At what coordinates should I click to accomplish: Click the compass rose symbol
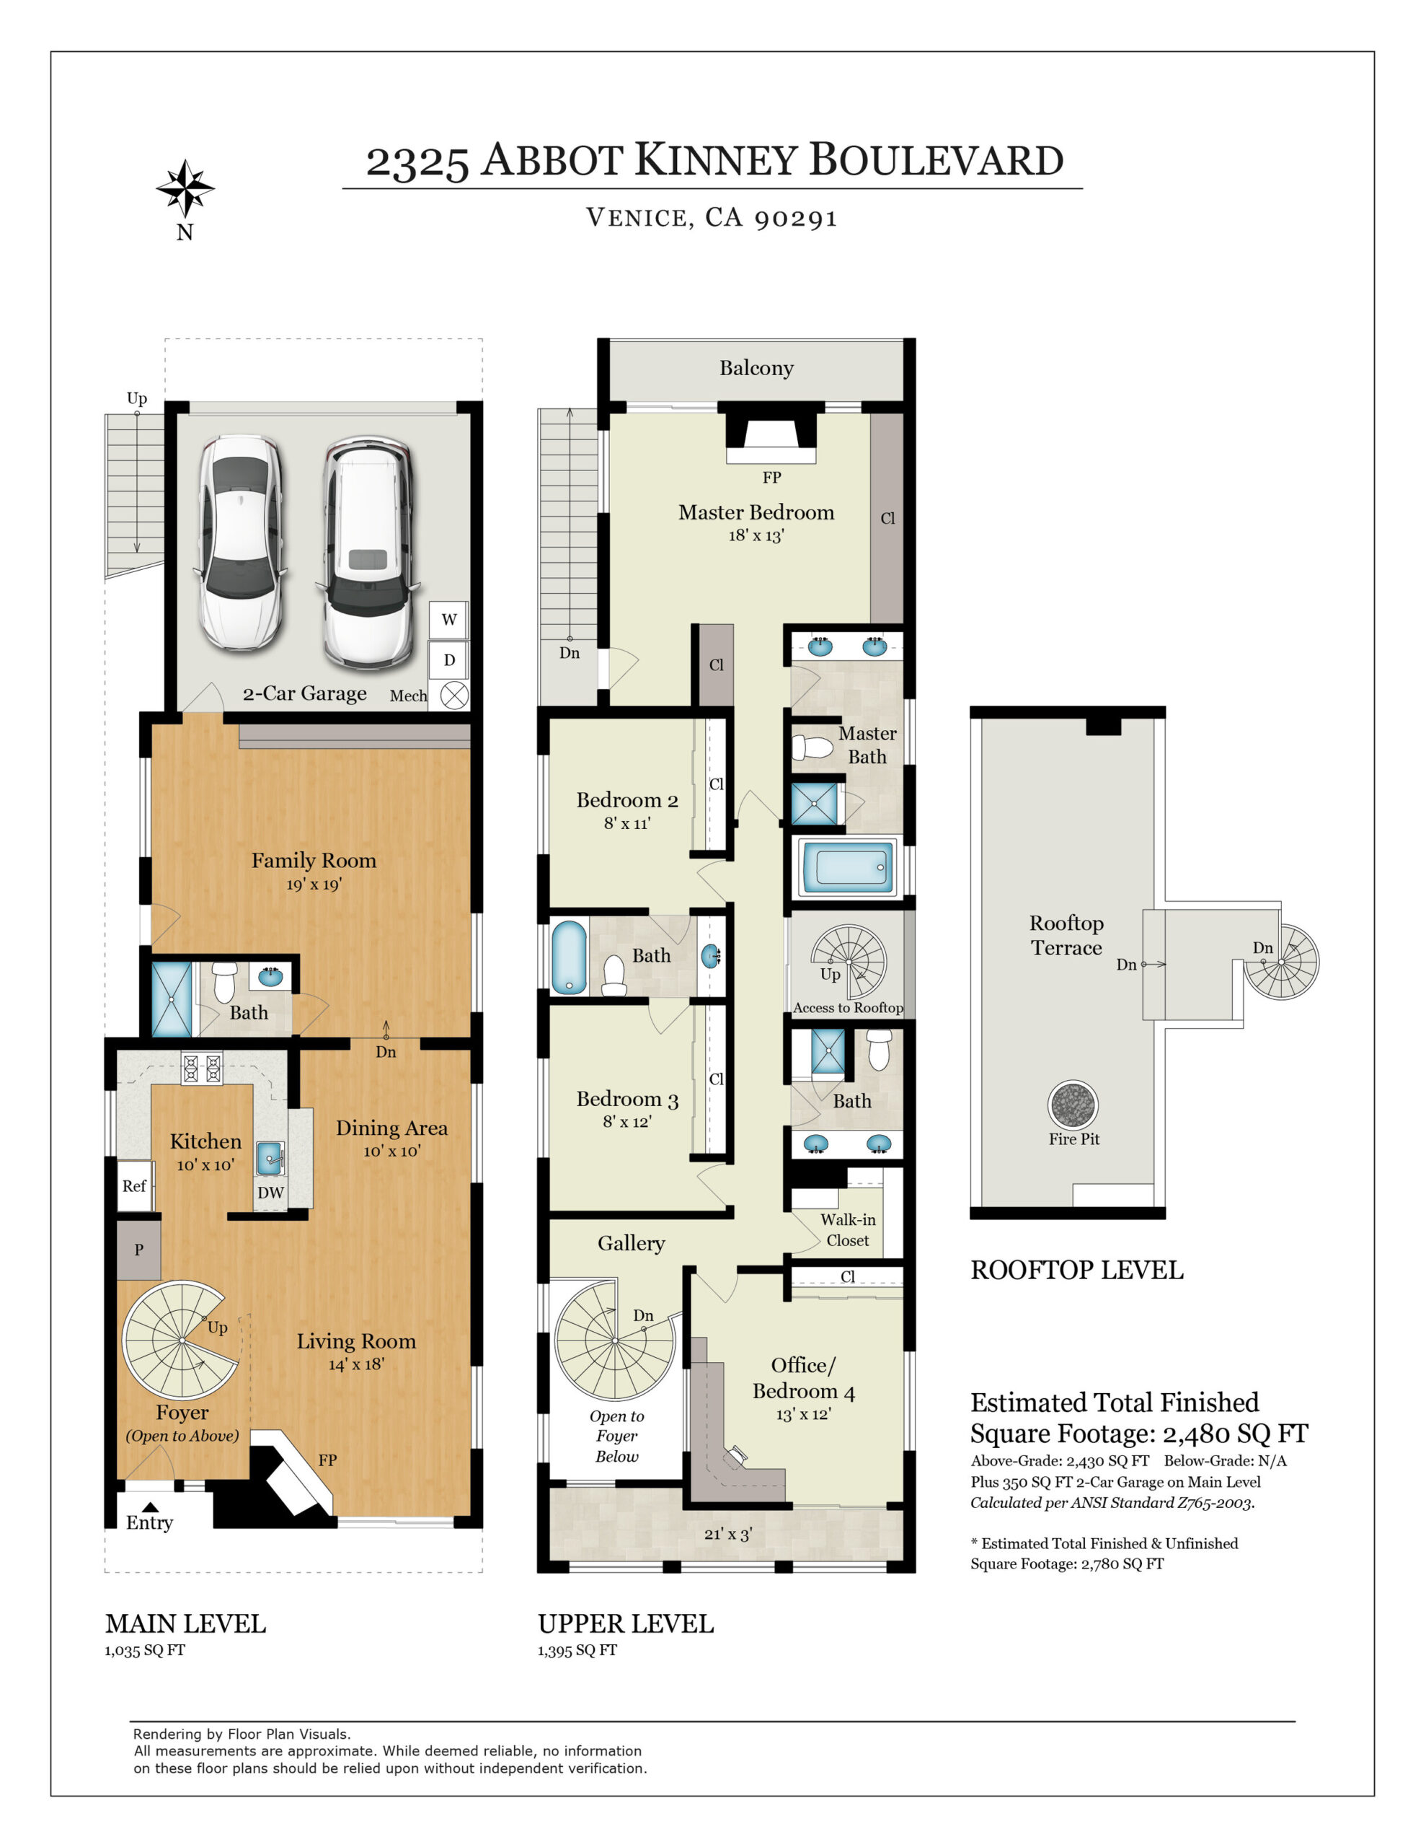point(185,188)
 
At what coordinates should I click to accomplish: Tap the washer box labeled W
point(449,620)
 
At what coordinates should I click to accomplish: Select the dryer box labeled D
point(449,660)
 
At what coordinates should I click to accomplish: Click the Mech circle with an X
point(454,696)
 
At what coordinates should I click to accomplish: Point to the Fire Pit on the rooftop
point(1073,1105)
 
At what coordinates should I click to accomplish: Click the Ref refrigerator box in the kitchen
point(133,1185)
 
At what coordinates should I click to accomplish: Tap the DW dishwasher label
point(270,1193)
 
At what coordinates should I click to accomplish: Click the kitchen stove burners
point(202,1067)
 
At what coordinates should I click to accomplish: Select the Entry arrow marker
point(150,1506)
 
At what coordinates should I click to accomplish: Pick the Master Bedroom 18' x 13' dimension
point(756,535)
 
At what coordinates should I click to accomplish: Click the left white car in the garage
point(240,541)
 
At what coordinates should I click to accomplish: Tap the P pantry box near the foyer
point(138,1250)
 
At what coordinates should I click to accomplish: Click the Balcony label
point(756,368)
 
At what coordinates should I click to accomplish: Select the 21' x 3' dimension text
point(728,1534)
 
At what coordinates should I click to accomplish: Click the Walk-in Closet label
point(848,1229)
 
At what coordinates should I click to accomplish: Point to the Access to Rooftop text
point(847,1007)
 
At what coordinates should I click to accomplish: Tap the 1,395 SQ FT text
point(577,1650)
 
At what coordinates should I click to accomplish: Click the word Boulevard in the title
point(936,161)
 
